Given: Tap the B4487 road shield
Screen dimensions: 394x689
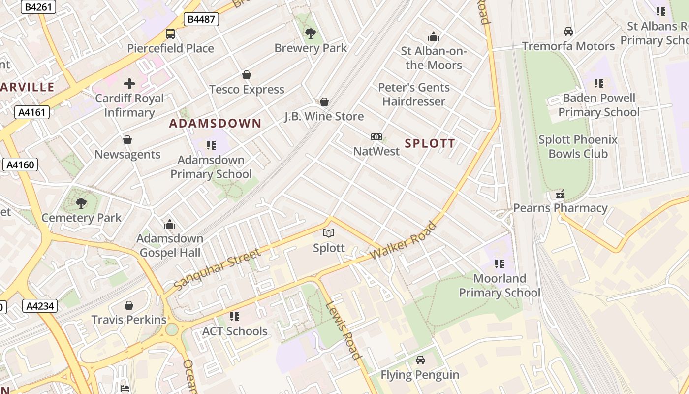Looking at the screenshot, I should (202, 19).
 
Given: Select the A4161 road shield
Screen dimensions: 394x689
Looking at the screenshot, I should (32, 112).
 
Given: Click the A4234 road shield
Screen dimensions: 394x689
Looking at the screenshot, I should (40, 306).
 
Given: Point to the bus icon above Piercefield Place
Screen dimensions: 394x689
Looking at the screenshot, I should (170, 34).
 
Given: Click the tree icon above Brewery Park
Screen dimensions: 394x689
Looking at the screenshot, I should (310, 33).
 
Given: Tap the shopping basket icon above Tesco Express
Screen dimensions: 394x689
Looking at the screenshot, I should (247, 75).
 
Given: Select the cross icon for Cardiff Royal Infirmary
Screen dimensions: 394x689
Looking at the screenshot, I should (129, 84).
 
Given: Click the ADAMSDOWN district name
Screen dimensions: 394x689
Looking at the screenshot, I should (215, 123).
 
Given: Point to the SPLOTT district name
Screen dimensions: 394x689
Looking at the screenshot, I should (430, 143).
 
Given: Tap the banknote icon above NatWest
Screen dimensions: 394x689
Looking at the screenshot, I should (376, 137).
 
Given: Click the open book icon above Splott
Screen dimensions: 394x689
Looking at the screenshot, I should (329, 233).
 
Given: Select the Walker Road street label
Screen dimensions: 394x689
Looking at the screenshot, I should (404, 241).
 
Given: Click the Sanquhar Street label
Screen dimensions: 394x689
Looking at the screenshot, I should (217, 269).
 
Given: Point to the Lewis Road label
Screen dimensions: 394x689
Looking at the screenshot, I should (344, 329).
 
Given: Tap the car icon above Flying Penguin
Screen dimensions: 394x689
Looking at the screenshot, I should (420, 360).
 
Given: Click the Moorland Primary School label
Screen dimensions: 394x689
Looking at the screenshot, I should (500, 286).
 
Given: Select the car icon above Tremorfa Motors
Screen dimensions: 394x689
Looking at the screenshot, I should (568, 32).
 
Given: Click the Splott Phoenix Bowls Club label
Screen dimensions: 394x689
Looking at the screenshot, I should (578, 146).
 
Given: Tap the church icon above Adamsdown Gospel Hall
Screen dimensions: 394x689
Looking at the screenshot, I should (170, 224).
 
